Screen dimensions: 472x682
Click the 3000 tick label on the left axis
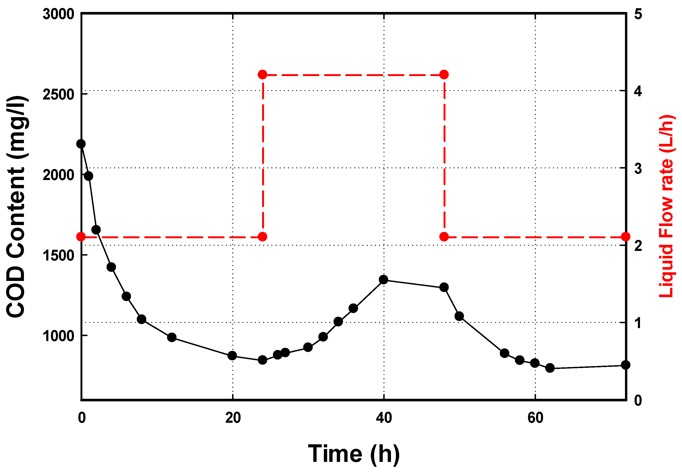(x=58, y=14)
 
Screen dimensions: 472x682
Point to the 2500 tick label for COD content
(x=58, y=95)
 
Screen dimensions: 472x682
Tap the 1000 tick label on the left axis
(x=58, y=336)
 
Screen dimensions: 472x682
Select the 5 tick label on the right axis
(x=638, y=14)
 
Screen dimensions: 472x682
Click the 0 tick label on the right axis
(x=638, y=400)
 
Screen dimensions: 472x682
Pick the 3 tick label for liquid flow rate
(x=638, y=169)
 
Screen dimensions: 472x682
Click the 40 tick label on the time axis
(x=384, y=418)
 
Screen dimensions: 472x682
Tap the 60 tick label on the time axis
(x=535, y=418)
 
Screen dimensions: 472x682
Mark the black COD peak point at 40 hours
(x=383, y=280)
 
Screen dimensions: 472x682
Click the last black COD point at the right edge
(x=625, y=365)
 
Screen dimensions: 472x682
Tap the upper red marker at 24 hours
(x=263, y=75)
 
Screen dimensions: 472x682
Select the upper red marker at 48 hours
(x=444, y=75)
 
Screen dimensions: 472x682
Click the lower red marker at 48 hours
(x=444, y=237)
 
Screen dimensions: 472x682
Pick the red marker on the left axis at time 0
(x=81, y=237)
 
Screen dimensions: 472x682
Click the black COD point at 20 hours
(x=232, y=356)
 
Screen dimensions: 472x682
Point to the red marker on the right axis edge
(x=625, y=237)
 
